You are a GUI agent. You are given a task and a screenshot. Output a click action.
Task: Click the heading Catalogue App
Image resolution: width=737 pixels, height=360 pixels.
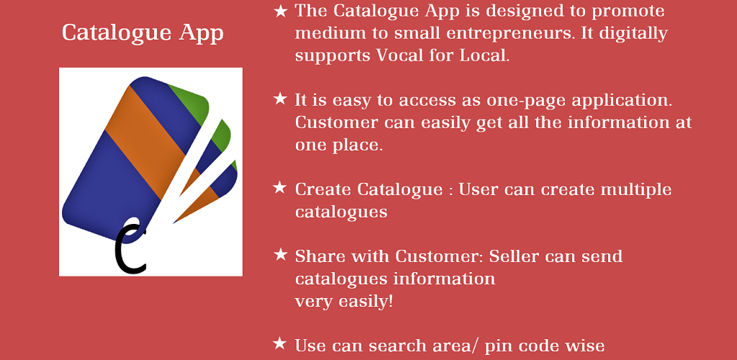143,34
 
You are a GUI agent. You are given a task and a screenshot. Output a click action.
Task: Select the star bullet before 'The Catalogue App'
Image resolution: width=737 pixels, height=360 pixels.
280,11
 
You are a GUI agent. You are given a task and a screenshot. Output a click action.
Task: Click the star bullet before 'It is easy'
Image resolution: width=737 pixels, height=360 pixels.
280,99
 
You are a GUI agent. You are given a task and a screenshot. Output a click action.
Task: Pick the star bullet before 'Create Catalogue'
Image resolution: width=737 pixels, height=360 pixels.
280,188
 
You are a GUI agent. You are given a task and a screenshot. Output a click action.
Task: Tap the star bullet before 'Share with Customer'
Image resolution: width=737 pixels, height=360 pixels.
280,255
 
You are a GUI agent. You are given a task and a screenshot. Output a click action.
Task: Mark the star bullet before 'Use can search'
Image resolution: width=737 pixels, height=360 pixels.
280,344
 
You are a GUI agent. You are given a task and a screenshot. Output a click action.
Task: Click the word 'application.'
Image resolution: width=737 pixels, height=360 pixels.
621,102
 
